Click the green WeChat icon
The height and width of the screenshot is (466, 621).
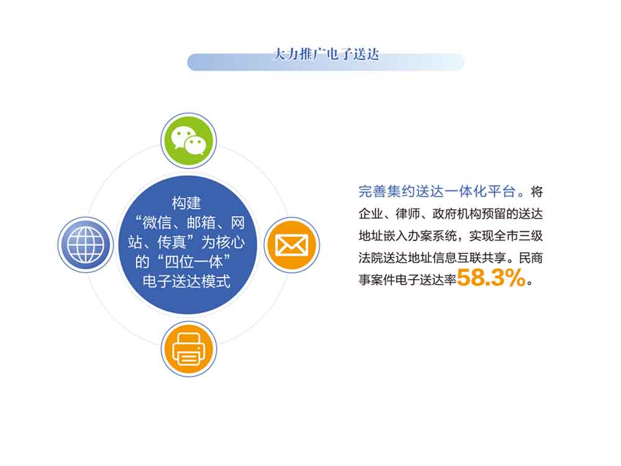189,140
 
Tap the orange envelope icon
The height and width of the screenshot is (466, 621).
292,245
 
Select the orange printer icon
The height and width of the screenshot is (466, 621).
189,349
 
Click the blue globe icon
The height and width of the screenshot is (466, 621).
86,245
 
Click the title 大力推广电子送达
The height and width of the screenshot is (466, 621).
326,54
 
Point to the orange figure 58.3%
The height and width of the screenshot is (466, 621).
491,277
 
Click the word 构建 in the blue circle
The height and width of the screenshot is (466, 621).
186,203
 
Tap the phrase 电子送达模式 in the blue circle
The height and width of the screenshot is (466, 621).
186,281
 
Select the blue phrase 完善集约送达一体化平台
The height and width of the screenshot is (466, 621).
437,192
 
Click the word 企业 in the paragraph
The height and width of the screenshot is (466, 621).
371,214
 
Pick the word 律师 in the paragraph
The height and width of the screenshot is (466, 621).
407,214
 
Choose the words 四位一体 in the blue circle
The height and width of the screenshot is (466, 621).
194,262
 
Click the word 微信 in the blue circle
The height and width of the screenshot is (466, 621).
157,222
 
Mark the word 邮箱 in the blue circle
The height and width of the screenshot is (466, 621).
201,222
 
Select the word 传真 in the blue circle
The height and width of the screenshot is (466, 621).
172,242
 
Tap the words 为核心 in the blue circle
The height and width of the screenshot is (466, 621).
223,242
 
